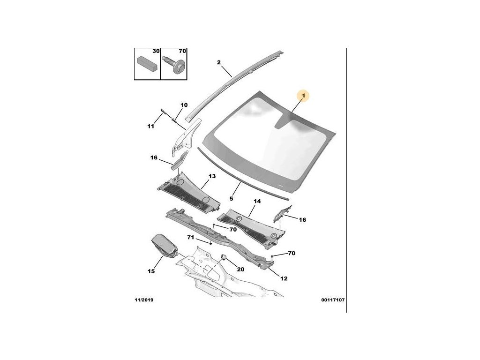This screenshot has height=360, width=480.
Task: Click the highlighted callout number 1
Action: coord(303,97)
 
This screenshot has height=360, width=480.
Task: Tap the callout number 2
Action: coord(218,62)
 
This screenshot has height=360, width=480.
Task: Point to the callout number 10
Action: coord(184,105)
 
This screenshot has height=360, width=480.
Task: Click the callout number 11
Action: coord(150,127)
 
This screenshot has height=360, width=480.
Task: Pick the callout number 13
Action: coord(212,176)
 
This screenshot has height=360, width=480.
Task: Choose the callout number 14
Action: coord(257,202)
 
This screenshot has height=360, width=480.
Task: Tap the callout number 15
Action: coord(151,271)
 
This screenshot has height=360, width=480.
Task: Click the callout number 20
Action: coord(240,270)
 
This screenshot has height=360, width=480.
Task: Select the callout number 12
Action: coord(284,278)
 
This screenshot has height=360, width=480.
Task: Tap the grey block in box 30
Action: coord(146,62)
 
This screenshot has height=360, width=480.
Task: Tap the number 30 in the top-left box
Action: coord(156,51)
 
